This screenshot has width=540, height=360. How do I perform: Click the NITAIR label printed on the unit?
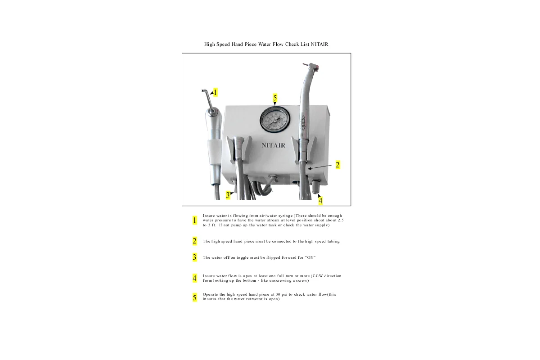tap(273, 145)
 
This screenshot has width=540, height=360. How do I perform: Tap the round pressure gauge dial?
tap(274, 120)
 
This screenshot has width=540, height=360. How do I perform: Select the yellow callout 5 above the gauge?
tap(275, 98)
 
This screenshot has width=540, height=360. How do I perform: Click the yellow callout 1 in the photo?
tap(215, 92)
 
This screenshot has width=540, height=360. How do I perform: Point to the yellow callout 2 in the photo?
tap(337, 165)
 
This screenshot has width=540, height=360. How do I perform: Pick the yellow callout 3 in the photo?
tap(228, 195)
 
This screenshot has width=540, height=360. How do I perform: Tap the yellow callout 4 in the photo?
tap(320, 201)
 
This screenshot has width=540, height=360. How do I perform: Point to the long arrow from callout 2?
tap(320, 167)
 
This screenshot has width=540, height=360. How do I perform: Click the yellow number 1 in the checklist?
tap(195, 220)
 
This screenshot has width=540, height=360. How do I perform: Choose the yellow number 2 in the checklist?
tap(195, 241)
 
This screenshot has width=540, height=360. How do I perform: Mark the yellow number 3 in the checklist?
tap(195, 257)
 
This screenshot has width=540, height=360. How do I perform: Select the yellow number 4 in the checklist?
tap(195, 278)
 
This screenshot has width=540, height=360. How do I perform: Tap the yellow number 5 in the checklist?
tap(195, 297)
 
